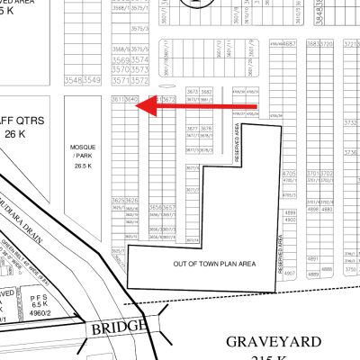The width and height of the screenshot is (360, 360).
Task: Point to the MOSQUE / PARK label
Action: pyautogui.click(x=85, y=152)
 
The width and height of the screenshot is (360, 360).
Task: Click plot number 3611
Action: pyautogui.click(x=118, y=99)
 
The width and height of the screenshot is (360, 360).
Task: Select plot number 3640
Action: pyautogui.click(x=131, y=99)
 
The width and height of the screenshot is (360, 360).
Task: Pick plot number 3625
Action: pyautogui.click(x=118, y=200)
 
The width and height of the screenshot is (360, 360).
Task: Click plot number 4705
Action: pyautogui.click(x=290, y=173)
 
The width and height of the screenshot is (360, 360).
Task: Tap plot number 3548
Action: pyautogui.click(x=74, y=79)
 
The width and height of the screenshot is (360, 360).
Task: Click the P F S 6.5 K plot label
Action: pyautogui.click(x=38, y=302)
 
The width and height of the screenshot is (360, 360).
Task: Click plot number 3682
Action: pyautogui.click(x=206, y=91)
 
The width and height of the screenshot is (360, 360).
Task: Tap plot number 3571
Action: pyautogui.click(x=118, y=79)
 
